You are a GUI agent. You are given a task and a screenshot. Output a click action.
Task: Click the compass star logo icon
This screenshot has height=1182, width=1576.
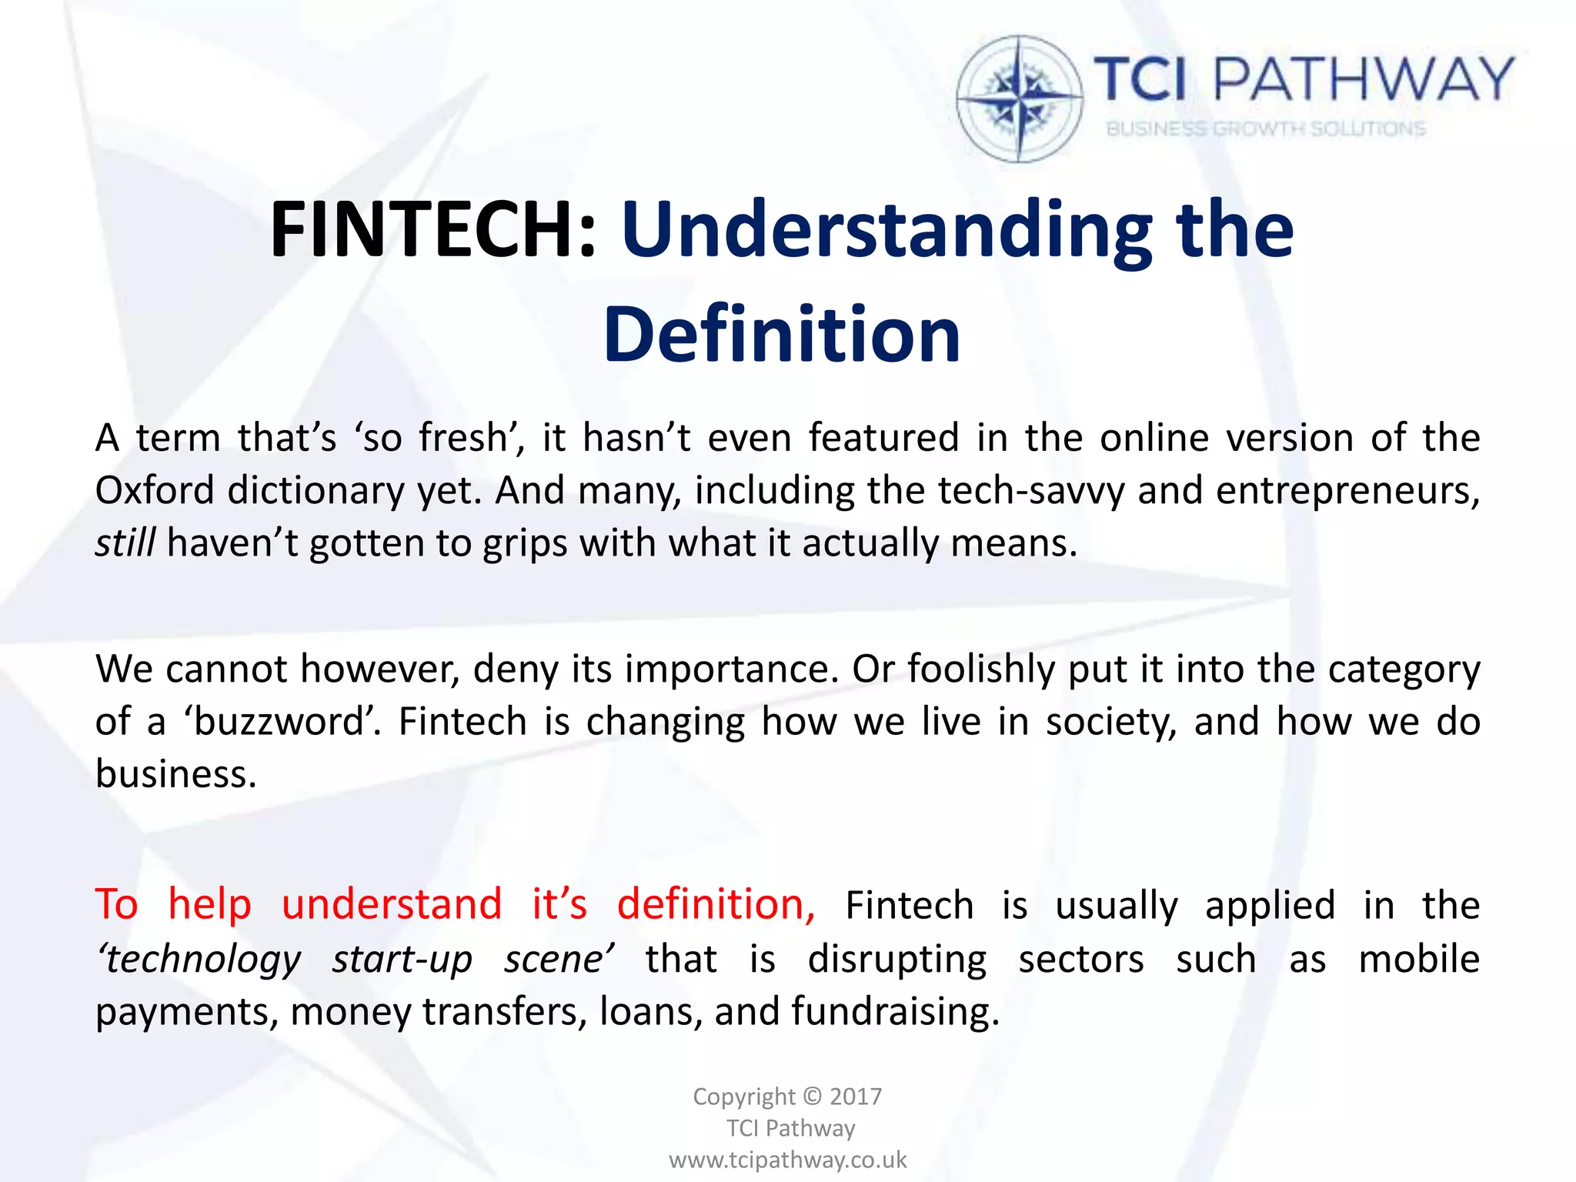click(x=1019, y=98)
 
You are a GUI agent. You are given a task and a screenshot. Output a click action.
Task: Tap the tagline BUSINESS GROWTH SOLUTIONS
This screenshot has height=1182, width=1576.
click(x=1266, y=129)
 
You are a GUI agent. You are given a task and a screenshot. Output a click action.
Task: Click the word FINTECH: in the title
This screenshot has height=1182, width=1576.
click(x=433, y=229)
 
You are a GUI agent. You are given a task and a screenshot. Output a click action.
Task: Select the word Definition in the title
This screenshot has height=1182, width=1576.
click(x=782, y=335)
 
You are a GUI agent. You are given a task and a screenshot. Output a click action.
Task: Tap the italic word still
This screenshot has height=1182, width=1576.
click(x=125, y=543)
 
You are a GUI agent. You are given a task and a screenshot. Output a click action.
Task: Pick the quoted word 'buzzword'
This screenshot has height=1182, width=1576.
click(x=282, y=722)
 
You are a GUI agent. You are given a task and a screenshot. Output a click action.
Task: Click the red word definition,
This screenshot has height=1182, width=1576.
click(x=716, y=904)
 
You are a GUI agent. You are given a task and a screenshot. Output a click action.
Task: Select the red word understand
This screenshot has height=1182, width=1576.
click(x=392, y=904)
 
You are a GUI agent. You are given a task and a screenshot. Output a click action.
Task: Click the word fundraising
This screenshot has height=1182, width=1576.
click(x=895, y=1011)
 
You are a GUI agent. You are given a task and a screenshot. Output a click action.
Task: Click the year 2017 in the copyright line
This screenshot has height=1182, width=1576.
click(x=856, y=1096)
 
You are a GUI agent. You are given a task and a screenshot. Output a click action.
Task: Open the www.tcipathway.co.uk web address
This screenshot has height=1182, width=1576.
click(x=788, y=1160)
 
